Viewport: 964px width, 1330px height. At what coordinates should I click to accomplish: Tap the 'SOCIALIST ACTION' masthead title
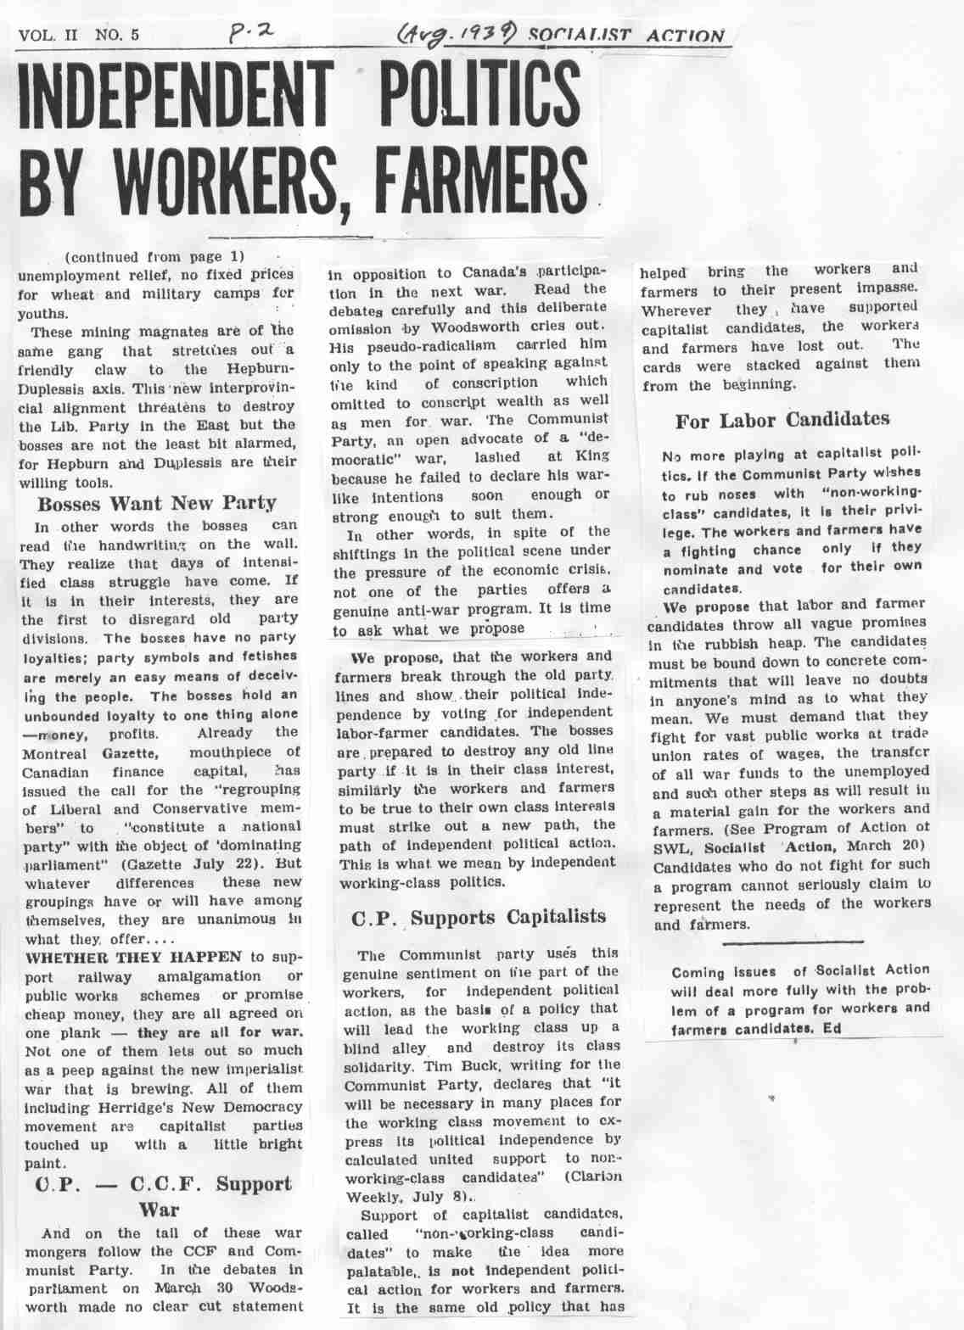click(x=626, y=36)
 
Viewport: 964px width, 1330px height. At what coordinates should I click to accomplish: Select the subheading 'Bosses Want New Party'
click(x=157, y=503)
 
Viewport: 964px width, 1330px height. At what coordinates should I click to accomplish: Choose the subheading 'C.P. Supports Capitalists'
click(x=479, y=917)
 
